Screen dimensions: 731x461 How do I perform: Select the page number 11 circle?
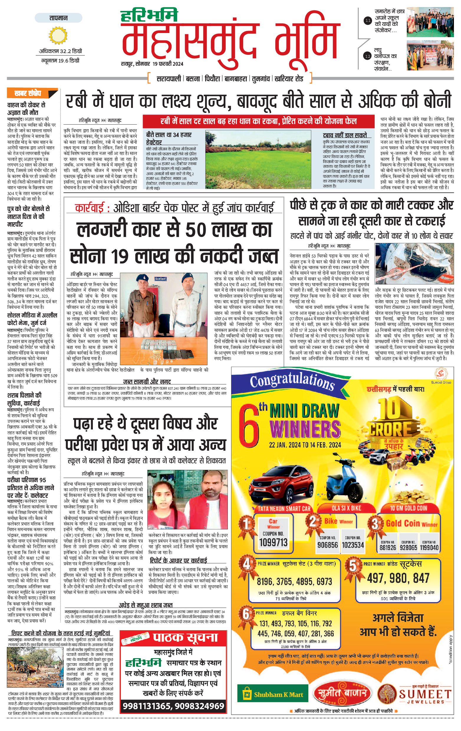click(x=368, y=21)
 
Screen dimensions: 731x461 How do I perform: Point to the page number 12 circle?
click(x=368, y=57)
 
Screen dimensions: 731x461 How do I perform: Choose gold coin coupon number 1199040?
click(x=429, y=556)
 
